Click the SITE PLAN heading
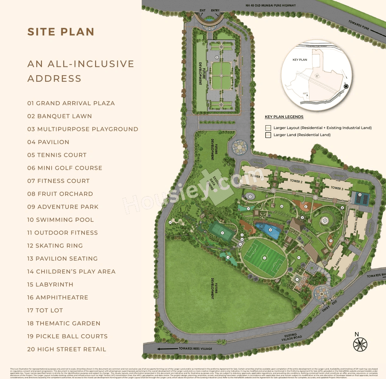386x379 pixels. [61, 32]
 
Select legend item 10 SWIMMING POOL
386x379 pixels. [60, 220]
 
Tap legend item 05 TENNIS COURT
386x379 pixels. [57, 155]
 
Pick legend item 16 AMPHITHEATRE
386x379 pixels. [58, 298]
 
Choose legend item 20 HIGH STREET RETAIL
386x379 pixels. [67, 349]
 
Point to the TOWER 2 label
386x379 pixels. [296, 181]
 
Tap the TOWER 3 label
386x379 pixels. [337, 188]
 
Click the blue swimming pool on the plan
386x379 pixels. [268, 230]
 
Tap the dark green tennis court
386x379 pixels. [222, 232]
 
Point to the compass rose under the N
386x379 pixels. [360, 345]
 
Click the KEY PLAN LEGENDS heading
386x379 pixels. [284, 117]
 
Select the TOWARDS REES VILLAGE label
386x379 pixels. [195, 349]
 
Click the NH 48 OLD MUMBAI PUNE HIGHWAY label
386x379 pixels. [271, 5]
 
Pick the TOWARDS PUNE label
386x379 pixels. [359, 25]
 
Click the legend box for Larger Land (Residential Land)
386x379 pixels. [268, 135]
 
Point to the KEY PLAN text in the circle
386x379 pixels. [300, 60]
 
